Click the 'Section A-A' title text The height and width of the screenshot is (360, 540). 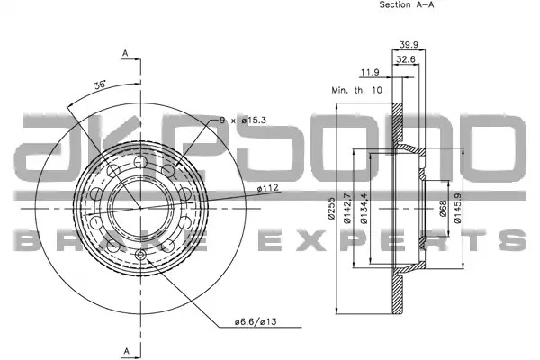point(407,4)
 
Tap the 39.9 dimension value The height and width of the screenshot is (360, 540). point(409,44)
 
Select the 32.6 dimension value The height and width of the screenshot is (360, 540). point(406,59)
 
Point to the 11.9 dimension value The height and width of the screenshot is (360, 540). point(370,72)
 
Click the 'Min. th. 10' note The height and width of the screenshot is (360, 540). point(356,90)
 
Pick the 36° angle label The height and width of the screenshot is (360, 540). point(100,85)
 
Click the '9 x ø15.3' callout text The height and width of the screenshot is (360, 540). point(243,121)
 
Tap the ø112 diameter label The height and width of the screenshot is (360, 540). point(267,188)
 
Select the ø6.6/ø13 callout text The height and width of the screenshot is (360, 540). point(256,322)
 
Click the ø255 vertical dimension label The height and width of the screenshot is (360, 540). point(331,209)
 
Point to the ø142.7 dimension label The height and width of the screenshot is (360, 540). point(347,209)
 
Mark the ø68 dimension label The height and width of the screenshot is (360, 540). point(443,209)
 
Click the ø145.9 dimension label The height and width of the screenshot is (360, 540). point(457,209)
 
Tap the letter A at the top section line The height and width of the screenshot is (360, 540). point(126,53)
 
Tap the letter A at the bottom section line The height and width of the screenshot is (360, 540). point(127,351)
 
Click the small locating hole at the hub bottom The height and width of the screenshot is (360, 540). point(140,255)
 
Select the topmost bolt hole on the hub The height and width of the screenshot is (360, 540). point(140,161)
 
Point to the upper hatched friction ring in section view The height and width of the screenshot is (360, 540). point(398,125)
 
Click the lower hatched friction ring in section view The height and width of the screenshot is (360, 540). point(398,292)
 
